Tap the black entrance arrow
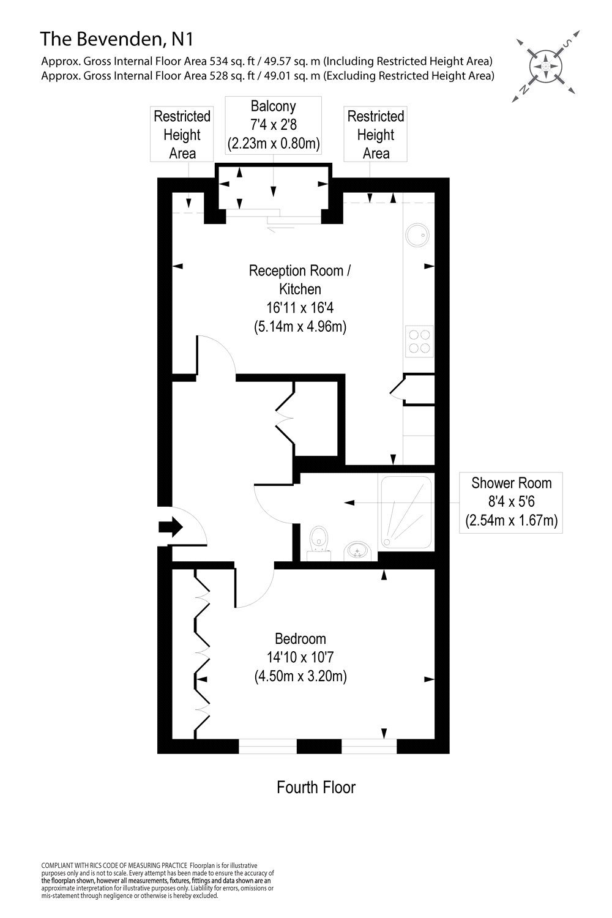click(x=171, y=526)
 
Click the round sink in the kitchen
click(x=418, y=232)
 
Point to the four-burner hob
click(x=419, y=341)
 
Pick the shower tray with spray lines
click(x=406, y=512)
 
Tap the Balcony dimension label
click(x=274, y=125)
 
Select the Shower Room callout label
click(x=511, y=502)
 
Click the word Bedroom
click(x=300, y=639)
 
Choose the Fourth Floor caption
click(x=316, y=787)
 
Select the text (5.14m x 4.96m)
click(x=300, y=326)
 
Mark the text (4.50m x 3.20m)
click(x=300, y=677)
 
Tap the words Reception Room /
click(x=300, y=271)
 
